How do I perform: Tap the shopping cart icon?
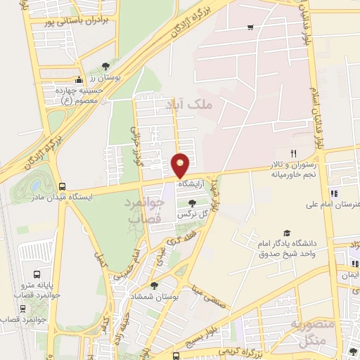point(251,27)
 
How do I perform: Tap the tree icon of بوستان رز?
point(105,66)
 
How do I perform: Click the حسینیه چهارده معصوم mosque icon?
point(79,79)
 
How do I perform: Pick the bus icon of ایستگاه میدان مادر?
point(63,187)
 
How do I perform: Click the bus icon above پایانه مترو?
point(37,274)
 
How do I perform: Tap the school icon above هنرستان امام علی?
point(334,193)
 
